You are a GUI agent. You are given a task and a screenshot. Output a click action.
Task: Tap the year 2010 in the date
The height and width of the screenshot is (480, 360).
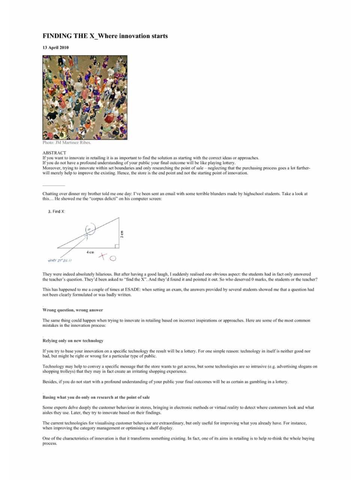click(x=64, y=48)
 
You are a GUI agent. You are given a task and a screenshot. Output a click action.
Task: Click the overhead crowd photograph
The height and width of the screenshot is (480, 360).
click(x=85, y=97)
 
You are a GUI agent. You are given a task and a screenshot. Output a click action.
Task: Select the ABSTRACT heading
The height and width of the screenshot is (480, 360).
click(x=54, y=153)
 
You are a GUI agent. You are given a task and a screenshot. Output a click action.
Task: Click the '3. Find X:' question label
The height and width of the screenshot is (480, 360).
click(x=56, y=211)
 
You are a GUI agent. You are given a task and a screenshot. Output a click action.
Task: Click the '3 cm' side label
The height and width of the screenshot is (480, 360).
click(x=122, y=234)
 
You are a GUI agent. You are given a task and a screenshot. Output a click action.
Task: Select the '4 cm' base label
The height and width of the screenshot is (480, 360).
click(x=90, y=252)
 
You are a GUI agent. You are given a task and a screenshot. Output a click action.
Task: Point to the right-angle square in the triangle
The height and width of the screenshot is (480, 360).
click(x=117, y=246)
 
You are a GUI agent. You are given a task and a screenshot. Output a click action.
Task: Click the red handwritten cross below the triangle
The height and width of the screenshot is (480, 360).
click(x=103, y=256)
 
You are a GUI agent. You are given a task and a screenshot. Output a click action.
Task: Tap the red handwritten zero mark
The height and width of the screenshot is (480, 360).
click(x=113, y=258)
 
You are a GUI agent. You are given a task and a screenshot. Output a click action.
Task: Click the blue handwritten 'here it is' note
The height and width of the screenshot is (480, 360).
click(x=60, y=260)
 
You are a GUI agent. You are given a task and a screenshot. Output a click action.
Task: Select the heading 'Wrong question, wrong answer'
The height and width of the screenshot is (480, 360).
click(x=73, y=310)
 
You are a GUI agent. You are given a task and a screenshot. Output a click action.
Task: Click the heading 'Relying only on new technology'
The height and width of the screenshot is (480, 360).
click(x=73, y=340)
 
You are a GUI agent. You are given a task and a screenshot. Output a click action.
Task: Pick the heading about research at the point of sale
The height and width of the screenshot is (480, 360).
click(x=96, y=397)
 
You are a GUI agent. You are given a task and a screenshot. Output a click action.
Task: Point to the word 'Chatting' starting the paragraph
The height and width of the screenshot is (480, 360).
click(x=50, y=194)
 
